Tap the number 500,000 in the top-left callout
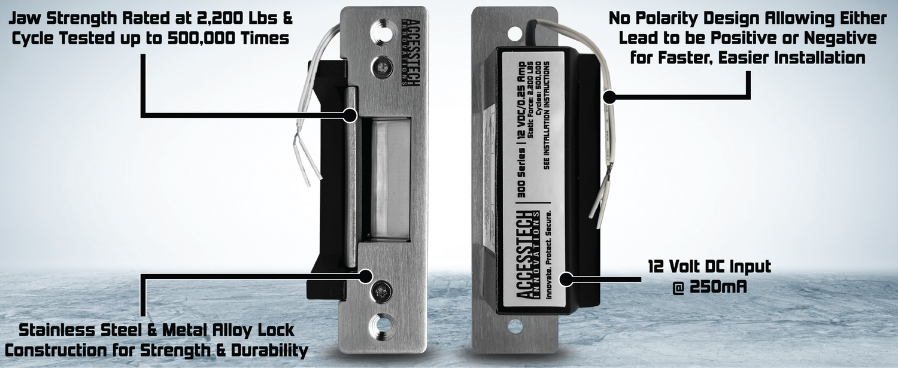193,39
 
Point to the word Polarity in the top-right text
677,19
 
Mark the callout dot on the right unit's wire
609,96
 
